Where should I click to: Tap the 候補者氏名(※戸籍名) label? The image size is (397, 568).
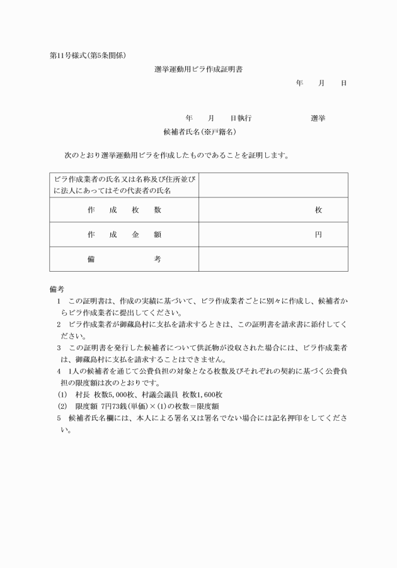click(199, 132)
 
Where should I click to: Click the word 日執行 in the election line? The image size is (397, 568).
click(241, 118)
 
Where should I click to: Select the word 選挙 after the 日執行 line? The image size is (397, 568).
click(318, 118)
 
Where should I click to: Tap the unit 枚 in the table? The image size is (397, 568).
click(318, 210)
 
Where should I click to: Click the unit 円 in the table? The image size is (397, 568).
click(318, 235)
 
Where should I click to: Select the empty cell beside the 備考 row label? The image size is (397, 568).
click(273, 259)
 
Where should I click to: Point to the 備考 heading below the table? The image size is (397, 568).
click(57, 289)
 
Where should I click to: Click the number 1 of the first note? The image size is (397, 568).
click(58, 301)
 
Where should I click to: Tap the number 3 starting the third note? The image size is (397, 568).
click(58, 348)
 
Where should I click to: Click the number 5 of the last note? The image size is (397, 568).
click(58, 418)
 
